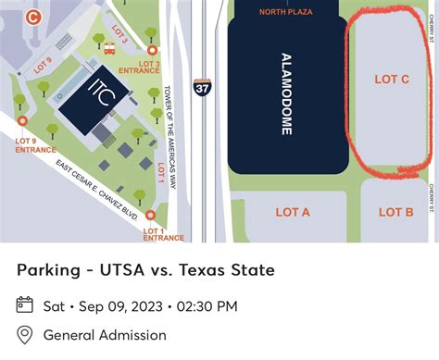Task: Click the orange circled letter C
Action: [x=34, y=16]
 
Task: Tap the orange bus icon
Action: [x=109, y=50]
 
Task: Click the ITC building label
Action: [x=99, y=94]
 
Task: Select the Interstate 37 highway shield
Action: [x=202, y=87]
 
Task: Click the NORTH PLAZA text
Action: [x=284, y=12]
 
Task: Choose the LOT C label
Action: [x=392, y=80]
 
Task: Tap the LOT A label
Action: [x=293, y=212]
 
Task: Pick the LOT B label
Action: [x=395, y=212]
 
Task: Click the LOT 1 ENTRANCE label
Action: [x=163, y=234]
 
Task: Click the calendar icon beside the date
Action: [x=25, y=305]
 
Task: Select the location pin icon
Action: [x=25, y=335]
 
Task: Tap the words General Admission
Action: [x=105, y=335]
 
